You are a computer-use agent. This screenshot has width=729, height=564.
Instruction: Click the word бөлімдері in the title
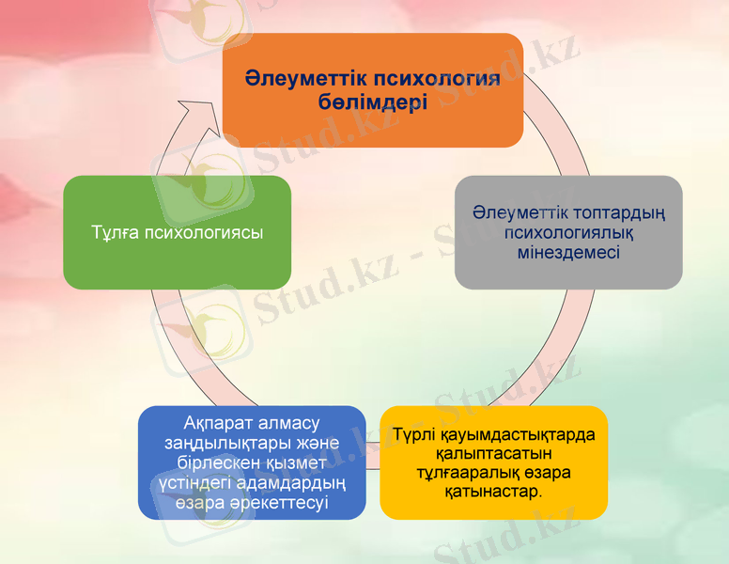373,102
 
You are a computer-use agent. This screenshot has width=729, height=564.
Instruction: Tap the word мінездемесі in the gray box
568,253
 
